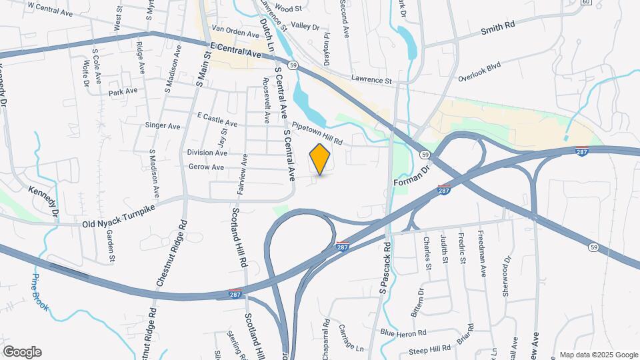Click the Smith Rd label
click(x=499, y=28)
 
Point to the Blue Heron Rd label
click(x=403, y=333)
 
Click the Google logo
click(x=22, y=352)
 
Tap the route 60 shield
click(x=585, y=2)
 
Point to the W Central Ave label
click(x=51, y=9)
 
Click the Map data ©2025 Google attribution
click(x=598, y=355)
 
